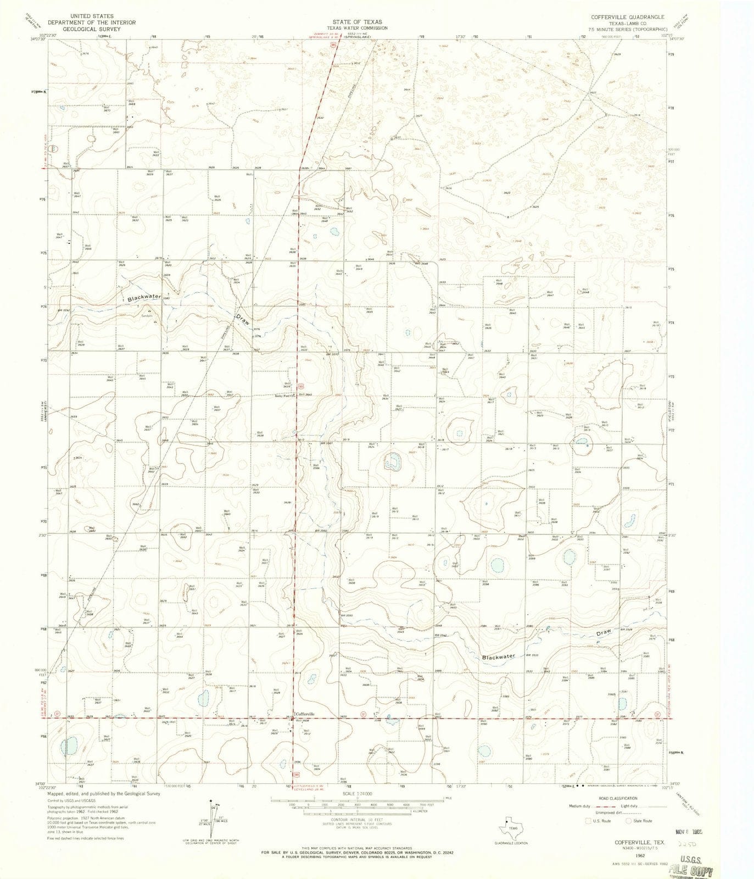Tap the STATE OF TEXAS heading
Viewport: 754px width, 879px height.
(x=356, y=22)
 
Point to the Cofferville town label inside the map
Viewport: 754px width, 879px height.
(x=305, y=714)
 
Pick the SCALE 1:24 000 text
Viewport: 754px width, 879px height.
(x=357, y=793)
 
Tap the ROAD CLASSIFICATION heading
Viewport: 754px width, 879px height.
(x=619, y=798)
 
